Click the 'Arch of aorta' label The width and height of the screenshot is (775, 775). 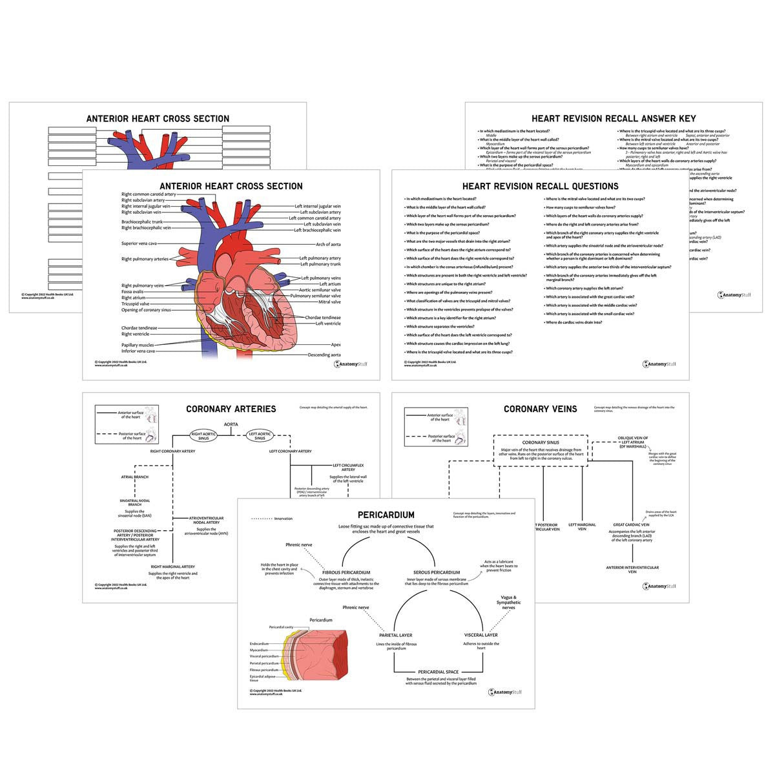coord(328,244)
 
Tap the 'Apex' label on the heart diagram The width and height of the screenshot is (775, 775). coord(335,345)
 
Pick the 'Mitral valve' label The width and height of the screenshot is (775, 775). coord(329,302)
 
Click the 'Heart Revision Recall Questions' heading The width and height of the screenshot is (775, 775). coord(540,186)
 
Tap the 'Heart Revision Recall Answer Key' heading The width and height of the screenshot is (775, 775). coord(614,118)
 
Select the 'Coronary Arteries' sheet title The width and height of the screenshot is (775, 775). coord(231,409)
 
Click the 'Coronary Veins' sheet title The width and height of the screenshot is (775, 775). coord(540,408)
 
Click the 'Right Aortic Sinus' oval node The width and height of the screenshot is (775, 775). coord(202,436)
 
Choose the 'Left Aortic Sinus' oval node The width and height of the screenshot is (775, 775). coord(260,436)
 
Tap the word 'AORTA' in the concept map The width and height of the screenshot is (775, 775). coord(231,424)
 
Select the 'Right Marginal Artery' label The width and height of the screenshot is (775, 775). coord(172,566)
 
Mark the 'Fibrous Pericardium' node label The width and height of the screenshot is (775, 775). coord(346,572)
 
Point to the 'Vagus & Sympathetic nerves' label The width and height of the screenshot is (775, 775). coord(509,603)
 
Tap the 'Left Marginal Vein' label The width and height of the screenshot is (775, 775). coord(582,527)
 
